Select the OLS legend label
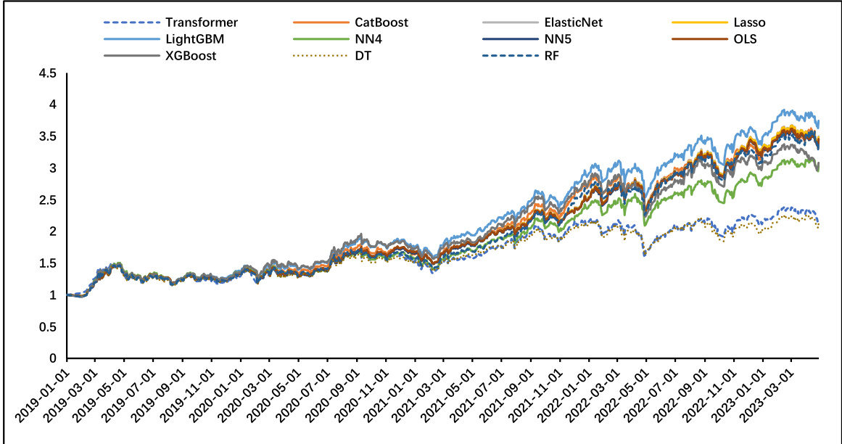(745, 39)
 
